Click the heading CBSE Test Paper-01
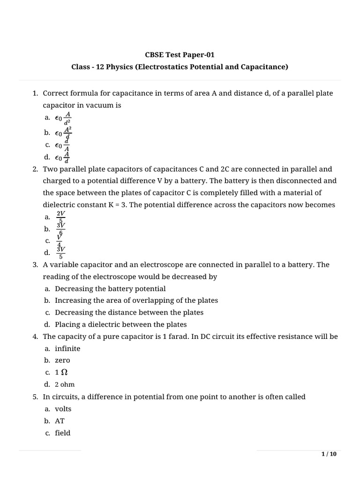click(x=180, y=55)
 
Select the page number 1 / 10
click(x=329, y=454)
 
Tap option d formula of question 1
click(x=63, y=157)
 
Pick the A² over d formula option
click(x=63, y=133)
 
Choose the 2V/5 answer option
click(x=61, y=217)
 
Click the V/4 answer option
click(x=59, y=240)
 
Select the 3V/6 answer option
click(x=61, y=229)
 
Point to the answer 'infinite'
click(x=67, y=348)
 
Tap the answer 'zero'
click(x=62, y=360)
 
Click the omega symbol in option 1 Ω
click(x=65, y=373)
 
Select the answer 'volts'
click(x=63, y=409)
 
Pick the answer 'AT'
click(x=60, y=421)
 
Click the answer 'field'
click(x=63, y=433)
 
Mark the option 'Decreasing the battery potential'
click(x=110, y=289)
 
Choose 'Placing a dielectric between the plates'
click(x=120, y=324)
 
